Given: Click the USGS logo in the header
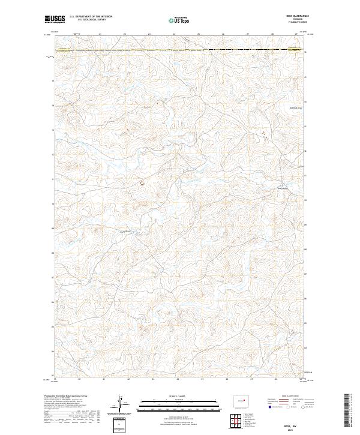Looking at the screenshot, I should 55,19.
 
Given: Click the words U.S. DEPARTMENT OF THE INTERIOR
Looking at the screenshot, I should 91,16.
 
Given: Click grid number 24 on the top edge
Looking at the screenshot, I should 173,34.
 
